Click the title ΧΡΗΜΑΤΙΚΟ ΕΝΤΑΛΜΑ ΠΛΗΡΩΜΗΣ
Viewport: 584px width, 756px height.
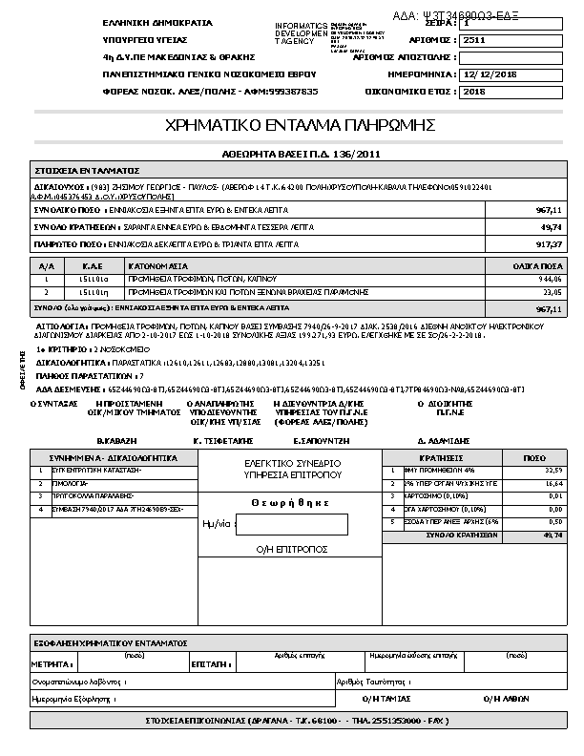(301, 126)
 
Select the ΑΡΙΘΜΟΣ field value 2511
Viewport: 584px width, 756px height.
(473, 41)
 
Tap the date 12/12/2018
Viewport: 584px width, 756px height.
(490, 74)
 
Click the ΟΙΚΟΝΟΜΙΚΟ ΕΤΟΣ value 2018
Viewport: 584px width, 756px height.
(473, 92)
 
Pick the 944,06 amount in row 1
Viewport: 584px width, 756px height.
(551, 279)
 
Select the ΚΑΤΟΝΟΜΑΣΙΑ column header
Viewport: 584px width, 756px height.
(159, 264)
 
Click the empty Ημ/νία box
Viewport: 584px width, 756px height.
(291, 525)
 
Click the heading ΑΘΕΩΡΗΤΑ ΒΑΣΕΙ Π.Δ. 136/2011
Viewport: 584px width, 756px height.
(301, 153)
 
